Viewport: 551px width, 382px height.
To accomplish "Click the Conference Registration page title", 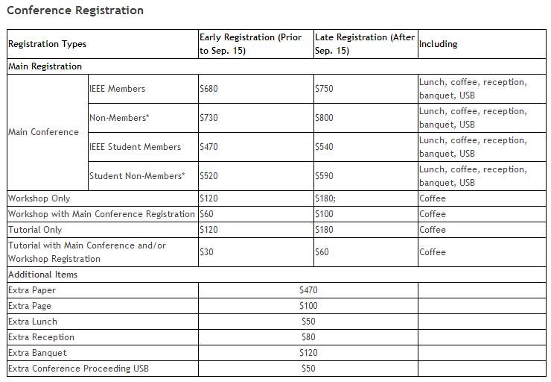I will click(75, 10).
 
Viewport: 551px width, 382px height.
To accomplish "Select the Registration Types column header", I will click(47, 44).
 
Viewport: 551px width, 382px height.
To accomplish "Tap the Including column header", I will click(438, 44).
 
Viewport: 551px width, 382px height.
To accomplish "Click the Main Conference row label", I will click(43, 132).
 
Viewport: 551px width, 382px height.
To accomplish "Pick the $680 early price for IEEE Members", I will click(209, 89).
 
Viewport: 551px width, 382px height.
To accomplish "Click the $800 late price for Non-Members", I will click(325, 118).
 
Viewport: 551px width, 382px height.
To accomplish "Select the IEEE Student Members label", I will click(135, 147).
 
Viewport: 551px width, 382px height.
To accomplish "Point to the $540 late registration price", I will click(325, 147).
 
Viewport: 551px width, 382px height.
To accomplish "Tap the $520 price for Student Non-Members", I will click(209, 176).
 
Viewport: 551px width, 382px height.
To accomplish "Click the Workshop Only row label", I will click(39, 198).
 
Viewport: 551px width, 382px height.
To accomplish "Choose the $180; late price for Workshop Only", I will click(327, 198).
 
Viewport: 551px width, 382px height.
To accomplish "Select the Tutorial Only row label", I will click(35, 230).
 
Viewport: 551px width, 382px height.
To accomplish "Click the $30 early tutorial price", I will click(206, 252).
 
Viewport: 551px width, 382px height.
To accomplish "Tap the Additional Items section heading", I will click(42, 275).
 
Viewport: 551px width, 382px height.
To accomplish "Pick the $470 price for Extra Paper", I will click(308, 290).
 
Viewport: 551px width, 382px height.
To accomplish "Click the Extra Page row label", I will click(30, 306).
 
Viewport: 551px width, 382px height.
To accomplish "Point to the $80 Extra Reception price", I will click(308, 337).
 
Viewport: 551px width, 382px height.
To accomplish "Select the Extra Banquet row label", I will click(37, 353).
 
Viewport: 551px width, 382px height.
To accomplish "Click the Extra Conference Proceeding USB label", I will click(78, 369).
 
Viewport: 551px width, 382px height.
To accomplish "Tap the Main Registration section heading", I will click(45, 66).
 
